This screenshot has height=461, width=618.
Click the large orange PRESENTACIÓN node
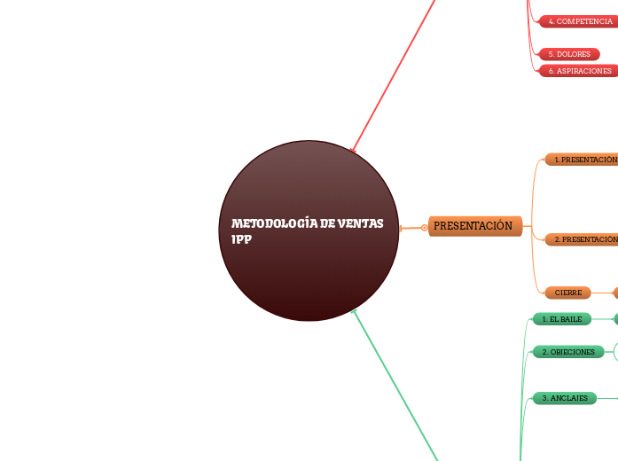pos(474,226)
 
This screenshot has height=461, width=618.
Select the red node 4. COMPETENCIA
pos(579,21)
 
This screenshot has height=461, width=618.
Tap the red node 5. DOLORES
pos(568,54)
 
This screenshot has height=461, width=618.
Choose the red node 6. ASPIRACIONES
pos(579,71)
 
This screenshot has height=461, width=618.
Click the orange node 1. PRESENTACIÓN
pos(582,160)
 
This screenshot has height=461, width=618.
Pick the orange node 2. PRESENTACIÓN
pos(582,239)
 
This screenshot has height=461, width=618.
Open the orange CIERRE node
pos(567,293)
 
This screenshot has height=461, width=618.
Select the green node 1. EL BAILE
pos(561,319)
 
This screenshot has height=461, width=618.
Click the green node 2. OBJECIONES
pos(567,352)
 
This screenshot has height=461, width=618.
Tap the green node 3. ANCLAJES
pos(564,398)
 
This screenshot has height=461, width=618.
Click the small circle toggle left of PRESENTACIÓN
pos(425,228)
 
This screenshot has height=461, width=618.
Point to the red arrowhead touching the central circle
pos(354,151)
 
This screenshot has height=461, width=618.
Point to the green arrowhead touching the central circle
pos(355,311)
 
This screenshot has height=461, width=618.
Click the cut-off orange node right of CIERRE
pos(615,293)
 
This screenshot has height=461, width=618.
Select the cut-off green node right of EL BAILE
pos(615,319)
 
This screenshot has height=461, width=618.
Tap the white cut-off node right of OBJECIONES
pos(614,352)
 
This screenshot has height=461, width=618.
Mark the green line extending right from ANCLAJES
pos(607,398)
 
